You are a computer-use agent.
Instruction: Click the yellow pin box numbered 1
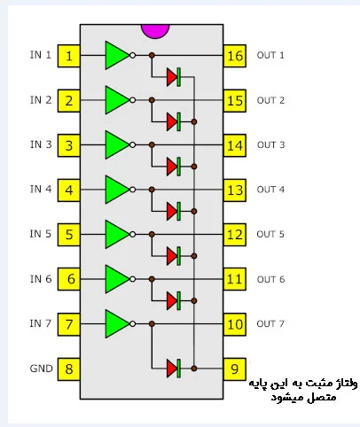(68, 56)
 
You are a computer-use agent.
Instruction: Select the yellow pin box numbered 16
(235, 56)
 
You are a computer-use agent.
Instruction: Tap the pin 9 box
(235, 369)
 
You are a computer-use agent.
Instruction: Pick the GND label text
(41, 369)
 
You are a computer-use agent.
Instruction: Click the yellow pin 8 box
(68, 369)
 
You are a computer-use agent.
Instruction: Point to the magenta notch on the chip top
(155, 30)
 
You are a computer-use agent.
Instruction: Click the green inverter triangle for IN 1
(117, 55)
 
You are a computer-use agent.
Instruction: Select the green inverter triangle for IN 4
(117, 190)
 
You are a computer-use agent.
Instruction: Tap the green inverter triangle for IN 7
(117, 324)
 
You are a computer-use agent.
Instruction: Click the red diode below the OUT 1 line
(174, 77)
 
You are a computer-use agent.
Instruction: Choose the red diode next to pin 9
(174, 369)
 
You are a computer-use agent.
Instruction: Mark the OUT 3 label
(270, 144)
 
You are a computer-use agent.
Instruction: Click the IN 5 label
(40, 234)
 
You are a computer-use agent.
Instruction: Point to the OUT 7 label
(270, 323)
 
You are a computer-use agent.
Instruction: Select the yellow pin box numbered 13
(235, 190)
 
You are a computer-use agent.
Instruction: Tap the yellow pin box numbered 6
(68, 279)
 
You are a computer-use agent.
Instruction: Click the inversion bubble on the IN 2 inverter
(133, 100)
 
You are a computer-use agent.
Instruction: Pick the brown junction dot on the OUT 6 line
(152, 279)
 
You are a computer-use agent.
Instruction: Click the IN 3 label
(41, 144)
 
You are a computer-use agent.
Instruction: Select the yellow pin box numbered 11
(235, 279)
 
